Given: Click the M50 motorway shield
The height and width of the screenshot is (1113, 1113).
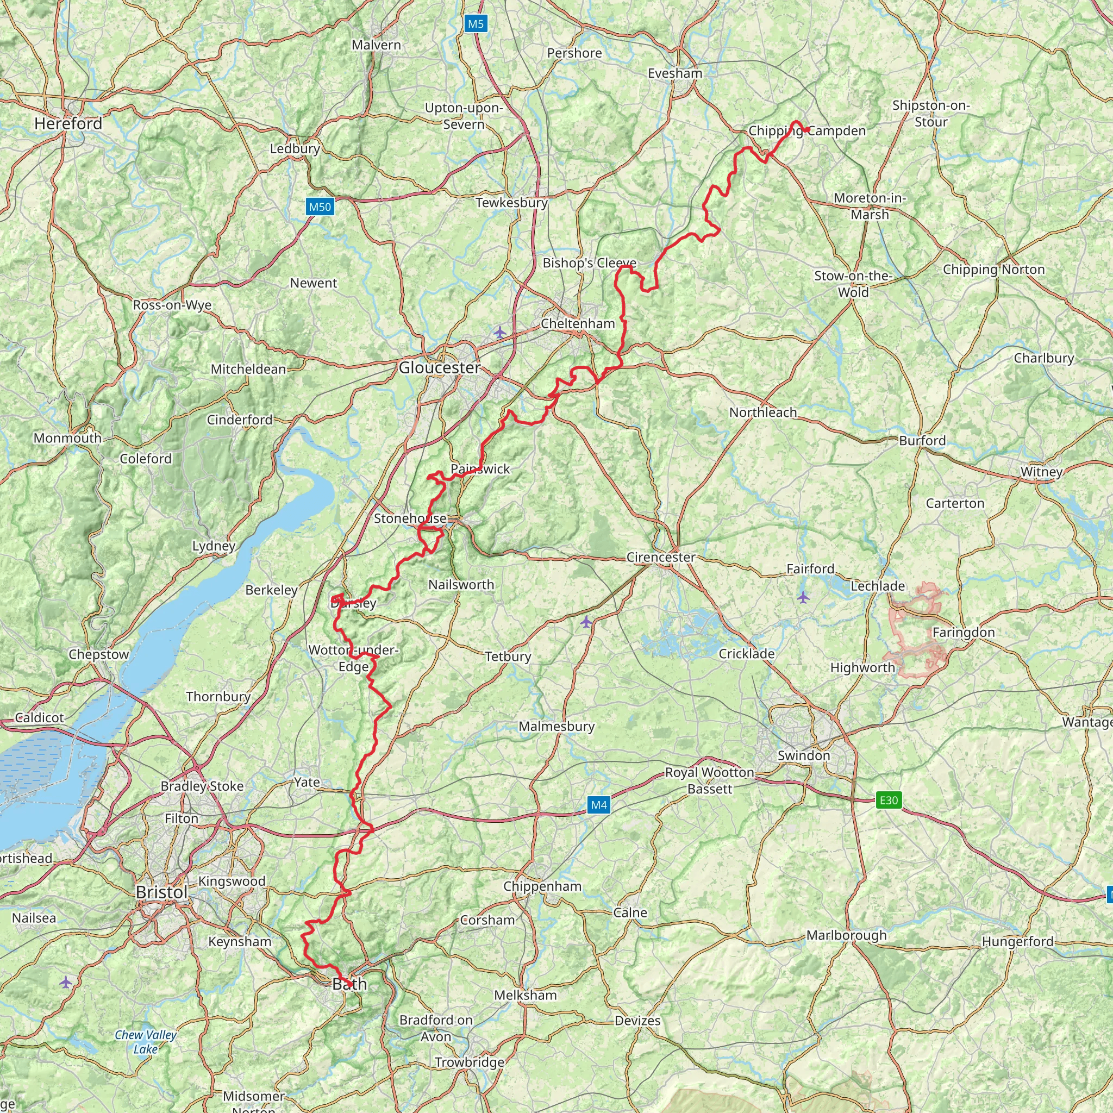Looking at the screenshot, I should click(320, 207).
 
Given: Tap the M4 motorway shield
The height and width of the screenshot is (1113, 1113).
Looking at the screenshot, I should click(598, 805).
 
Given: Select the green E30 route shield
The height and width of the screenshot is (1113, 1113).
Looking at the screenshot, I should click(889, 799).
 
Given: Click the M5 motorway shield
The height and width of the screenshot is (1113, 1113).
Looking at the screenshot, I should click(476, 23).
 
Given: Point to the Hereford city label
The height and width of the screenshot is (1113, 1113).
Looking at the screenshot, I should click(68, 123).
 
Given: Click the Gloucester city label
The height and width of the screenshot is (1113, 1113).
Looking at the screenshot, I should click(440, 367).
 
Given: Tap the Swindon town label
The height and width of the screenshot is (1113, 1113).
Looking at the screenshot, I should click(804, 755).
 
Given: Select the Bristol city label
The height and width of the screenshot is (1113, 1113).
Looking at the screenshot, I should click(162, 892).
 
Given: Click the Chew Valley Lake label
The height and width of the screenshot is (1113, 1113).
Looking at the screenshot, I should click(146, 1042).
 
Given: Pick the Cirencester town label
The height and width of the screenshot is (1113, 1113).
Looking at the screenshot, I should click(661, 557).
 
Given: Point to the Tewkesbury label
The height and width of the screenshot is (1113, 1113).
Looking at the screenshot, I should click(511, 203).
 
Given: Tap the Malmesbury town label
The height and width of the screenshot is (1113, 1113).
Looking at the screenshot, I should click(556, 726).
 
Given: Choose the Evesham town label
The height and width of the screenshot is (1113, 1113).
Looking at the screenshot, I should click(674, 73).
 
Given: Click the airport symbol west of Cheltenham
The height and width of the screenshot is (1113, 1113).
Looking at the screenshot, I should click(499, 333).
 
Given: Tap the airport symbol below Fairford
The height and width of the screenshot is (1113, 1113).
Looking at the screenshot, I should click(803, 597).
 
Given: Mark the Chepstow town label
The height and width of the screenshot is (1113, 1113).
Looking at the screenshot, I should click(98, 654).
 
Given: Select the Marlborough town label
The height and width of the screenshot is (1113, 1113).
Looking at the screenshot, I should click(846, 935).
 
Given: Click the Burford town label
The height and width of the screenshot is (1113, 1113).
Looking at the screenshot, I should click(922, 441).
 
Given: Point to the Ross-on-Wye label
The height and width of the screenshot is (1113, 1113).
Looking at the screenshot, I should click(172, 305).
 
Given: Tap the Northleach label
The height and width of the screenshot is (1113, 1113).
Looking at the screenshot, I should click(762, 412).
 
